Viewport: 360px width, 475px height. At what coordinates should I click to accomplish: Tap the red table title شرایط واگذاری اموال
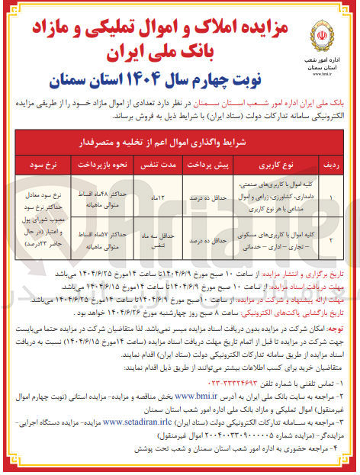[181, 141]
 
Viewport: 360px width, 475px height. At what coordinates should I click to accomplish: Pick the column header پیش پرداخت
[200, 163]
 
